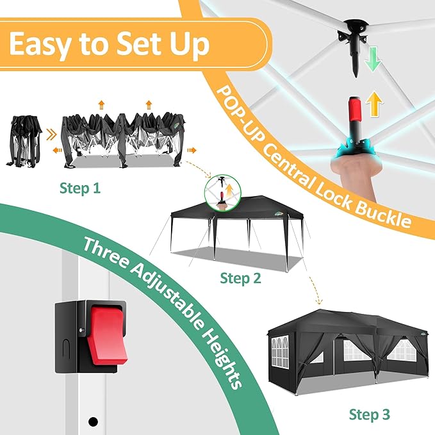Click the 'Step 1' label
tap(80, 188)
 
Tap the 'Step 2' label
tap(240, 278)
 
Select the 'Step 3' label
tap(369, 414)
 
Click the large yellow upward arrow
tap(374, 104)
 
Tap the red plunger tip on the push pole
tap(355, 108)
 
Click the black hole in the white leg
tap(93, 422)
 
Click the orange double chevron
tap(51, 135)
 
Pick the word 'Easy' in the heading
tap(40, 44)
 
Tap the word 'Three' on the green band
tap(106, 254)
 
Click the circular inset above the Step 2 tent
tap(223, 193)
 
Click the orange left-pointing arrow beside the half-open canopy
tap(58, 151)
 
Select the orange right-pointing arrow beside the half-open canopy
tap(192, 151)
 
